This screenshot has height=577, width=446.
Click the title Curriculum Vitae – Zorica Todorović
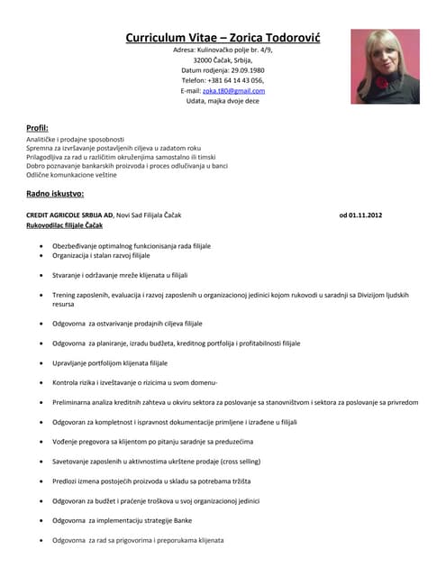pyautogui.click(x=223, y=38)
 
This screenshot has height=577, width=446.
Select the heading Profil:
pyautogui.click(x=37, y=128)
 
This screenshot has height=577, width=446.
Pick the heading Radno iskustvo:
pyautogui.click(x=55, y=193)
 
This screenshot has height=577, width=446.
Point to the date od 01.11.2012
pyautogui.click(x=360, y=215)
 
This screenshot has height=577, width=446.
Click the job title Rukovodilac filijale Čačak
pyautogui.click(x=64, y=225)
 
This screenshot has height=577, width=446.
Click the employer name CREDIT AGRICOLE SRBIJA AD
pyautogui.click(x=69, y=215)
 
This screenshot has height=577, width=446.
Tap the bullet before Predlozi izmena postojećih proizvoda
pyautogui.click(x=41, y=481)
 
